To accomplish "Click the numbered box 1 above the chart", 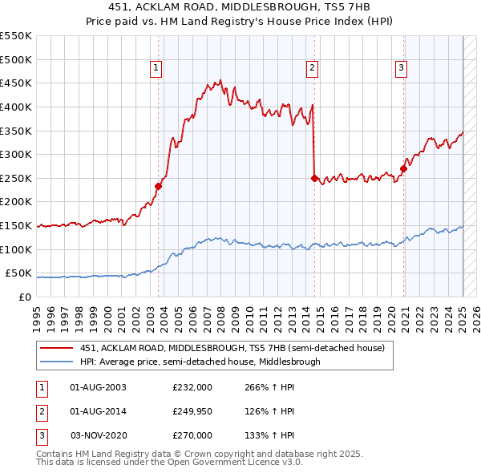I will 156,68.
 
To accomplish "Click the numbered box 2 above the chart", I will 311,68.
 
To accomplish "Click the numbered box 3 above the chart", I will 401,68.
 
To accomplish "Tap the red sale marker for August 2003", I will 158,186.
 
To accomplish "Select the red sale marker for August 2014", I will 314,178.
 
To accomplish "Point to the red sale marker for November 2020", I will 403,168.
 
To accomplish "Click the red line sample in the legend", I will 56,348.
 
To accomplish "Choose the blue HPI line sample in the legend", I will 56,362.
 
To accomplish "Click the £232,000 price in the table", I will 192,387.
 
